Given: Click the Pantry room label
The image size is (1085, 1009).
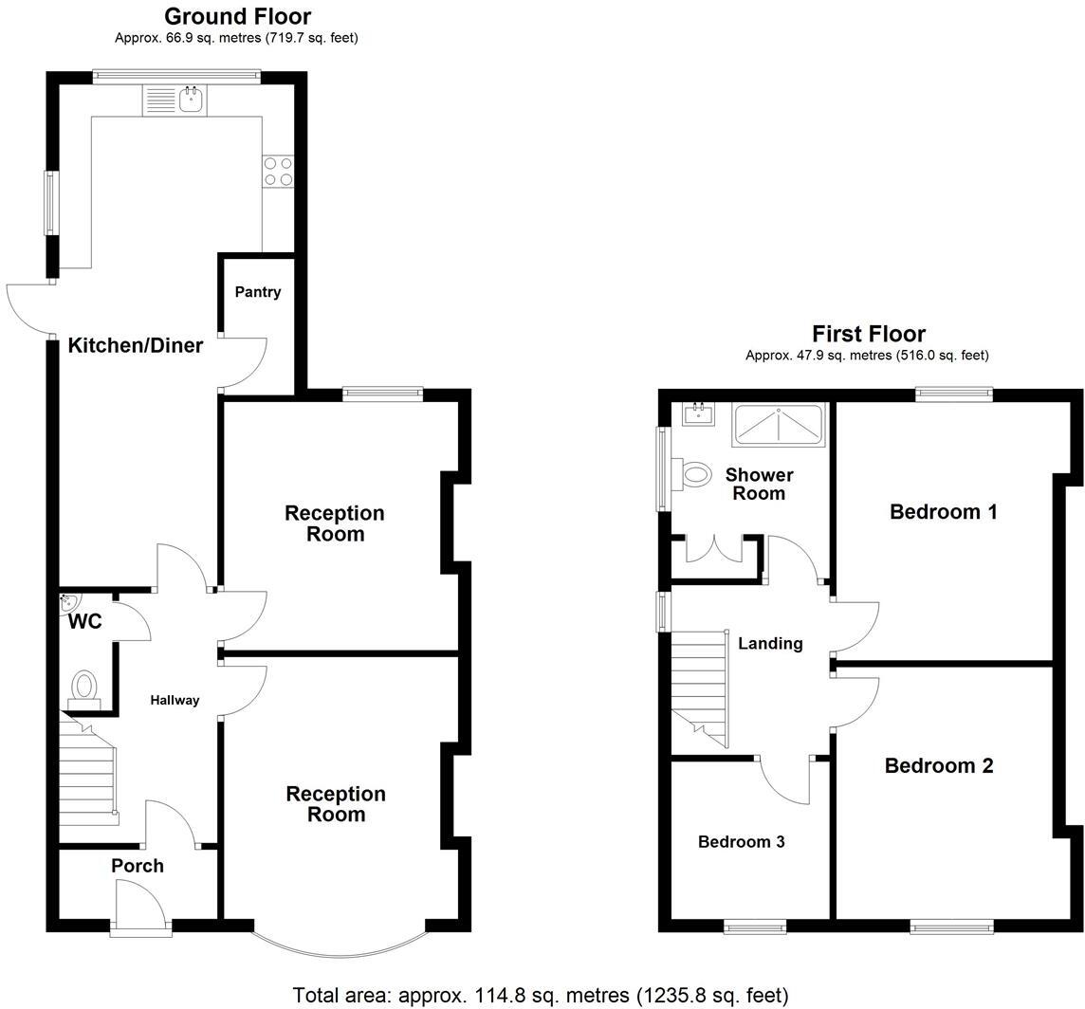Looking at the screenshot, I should tap(258, 292).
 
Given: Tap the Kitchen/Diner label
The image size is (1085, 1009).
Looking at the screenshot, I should tap(136, 346).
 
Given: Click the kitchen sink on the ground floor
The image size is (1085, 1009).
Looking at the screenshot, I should tap(191, 99).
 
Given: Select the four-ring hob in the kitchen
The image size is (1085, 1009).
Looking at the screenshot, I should tap(278, 172).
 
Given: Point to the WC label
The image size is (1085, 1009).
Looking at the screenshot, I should tap(84, 623).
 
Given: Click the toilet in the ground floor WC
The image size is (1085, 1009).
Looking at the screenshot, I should tap(85, 687).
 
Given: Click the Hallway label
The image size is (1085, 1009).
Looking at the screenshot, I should tap(175, 701).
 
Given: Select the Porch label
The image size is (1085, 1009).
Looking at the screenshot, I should tap(138, 866).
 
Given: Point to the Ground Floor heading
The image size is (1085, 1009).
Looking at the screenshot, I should tap(237, 16).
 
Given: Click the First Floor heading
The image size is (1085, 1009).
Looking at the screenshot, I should tap(868, 334).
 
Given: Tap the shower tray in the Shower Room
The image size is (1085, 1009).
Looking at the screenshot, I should tap(779, 424).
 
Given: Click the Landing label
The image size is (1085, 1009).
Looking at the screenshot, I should tap(770, 644).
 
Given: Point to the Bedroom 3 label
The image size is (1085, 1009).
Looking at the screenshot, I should tap(741, 842).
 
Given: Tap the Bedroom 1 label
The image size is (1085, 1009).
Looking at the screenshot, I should tap(943, 513).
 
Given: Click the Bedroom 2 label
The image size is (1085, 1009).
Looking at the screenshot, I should tap(938, 766).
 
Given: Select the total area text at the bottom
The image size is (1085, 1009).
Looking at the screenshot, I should tap(541, 996).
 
